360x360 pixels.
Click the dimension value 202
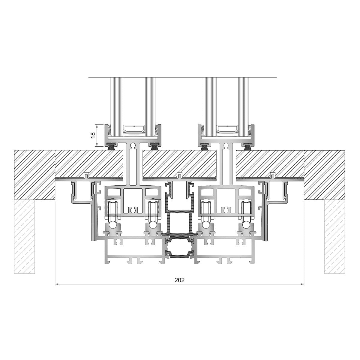click(179, 280)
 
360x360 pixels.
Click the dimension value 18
click(93, 135)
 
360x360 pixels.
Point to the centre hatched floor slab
click(179, 163)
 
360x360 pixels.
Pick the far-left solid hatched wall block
click(34, 175)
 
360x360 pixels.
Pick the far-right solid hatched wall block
click(324, 175)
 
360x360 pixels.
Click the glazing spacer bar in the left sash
click(134, 129)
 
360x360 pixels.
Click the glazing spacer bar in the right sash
click(227, 129)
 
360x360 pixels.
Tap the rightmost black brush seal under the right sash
click(248, 147)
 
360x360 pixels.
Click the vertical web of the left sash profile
click(133, 165)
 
